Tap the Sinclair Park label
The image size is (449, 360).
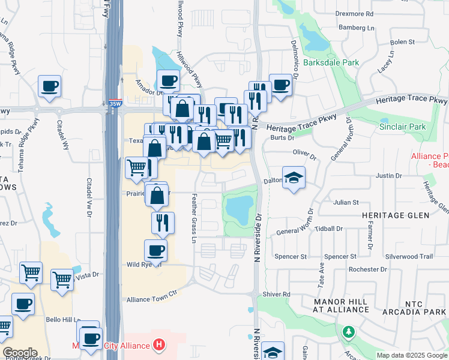(402, 127)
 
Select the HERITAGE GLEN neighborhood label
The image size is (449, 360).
(395, 215)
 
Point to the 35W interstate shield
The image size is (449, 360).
(115, 103)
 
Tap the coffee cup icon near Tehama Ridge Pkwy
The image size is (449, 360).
(49, 85)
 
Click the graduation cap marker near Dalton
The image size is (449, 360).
(294, 178)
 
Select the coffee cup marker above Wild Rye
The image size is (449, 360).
(156, 250)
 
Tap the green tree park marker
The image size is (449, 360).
(348, 332)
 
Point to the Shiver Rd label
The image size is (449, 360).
(279, 294)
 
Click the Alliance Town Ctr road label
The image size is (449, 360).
(153, 299)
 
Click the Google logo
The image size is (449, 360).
(20, 353)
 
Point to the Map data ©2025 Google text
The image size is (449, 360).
(412, 355)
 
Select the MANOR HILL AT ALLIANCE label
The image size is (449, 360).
(341, 305)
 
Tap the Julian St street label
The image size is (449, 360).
(346, 203)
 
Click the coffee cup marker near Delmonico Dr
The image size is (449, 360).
(280, 85)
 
